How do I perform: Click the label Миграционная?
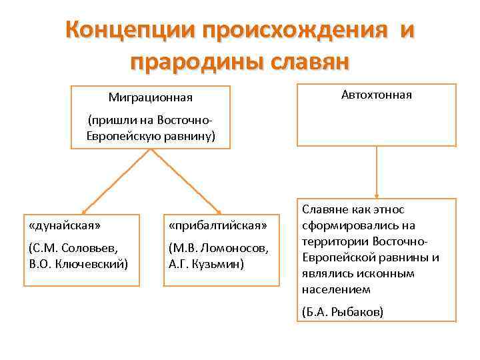click(x=150, y=98)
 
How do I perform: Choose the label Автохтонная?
click(x=377, y=95)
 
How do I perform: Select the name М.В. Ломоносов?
click(x=220, y=248)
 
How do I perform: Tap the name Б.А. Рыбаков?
click(x=343, y=311)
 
